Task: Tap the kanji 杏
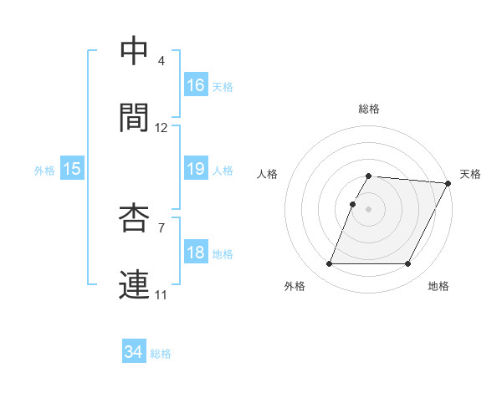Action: [x=135, y=217]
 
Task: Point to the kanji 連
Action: [x=135, y=284]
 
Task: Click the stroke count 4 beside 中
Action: [x=161, y=61]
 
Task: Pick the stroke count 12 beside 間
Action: [x=161, y=128]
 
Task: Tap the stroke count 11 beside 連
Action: [x=161, y=295]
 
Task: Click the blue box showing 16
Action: [x=196, y=85]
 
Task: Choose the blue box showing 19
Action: [x=196, y=169]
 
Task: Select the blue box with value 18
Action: [x=196, y=253]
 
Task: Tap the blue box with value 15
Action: [x=72, y=169]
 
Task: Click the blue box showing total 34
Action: [x=134, y=352]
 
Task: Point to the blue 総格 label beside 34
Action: [x=161, y=354]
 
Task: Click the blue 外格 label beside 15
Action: [x=44, y=171]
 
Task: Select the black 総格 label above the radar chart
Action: [x=369, y=109]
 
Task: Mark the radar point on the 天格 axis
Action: [x=448, y=183]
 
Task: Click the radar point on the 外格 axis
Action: [x=329, y=264]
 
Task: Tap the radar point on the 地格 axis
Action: [x=408, y=264]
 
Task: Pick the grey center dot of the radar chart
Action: [x=369, y=209]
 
